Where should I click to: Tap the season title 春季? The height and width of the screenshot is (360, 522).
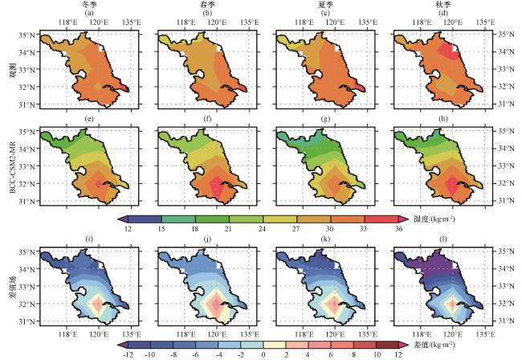[x=203, y=5]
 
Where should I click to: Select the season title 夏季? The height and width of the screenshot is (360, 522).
[x=320, y=5]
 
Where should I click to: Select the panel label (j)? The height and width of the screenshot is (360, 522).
[x=203, y=240]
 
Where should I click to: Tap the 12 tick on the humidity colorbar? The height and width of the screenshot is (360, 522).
[x=128, y=228]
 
